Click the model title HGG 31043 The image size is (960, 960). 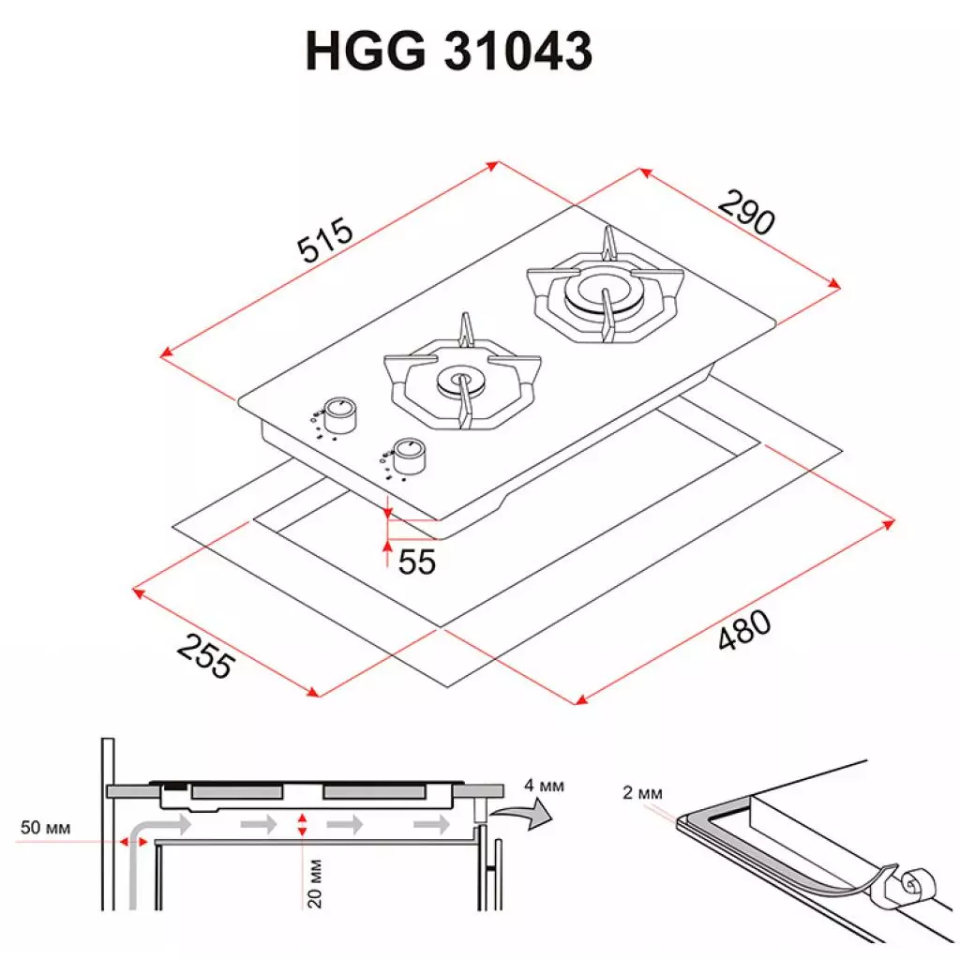(449, 52)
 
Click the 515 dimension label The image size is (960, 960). (324, 241)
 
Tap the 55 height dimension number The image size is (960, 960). (417, 562)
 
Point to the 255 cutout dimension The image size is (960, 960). (205, 655)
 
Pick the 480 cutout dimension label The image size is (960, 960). (744, 631)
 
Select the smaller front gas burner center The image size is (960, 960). (460, 381)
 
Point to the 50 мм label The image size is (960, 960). (45, 828)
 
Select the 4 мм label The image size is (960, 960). (546, 785)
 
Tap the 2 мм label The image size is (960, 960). (642, 794)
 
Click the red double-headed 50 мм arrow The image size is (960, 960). (132, 842)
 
